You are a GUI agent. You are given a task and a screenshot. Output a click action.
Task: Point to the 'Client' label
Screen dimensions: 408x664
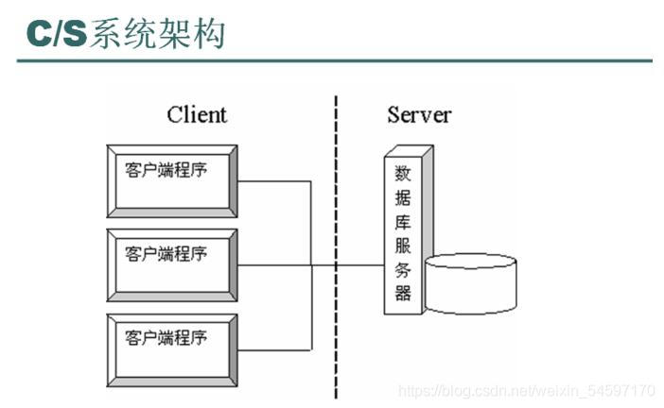(x=197, y=115)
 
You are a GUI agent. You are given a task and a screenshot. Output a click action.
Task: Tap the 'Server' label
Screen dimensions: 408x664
(x=419, y=115)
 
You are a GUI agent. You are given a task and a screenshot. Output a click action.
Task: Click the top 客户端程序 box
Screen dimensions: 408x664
(x=171, y=180)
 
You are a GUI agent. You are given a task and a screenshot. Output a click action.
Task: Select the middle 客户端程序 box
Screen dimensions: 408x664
(x=171, y=263)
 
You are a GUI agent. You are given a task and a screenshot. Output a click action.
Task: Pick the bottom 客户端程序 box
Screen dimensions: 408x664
(x=171, y=348)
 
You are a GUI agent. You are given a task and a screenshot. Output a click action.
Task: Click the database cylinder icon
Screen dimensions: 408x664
(x=471, y=283)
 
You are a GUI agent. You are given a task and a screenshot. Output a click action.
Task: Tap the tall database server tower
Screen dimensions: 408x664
(x=406, y=230)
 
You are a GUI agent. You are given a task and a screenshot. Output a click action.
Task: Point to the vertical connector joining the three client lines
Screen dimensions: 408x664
(x=311, y=264)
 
